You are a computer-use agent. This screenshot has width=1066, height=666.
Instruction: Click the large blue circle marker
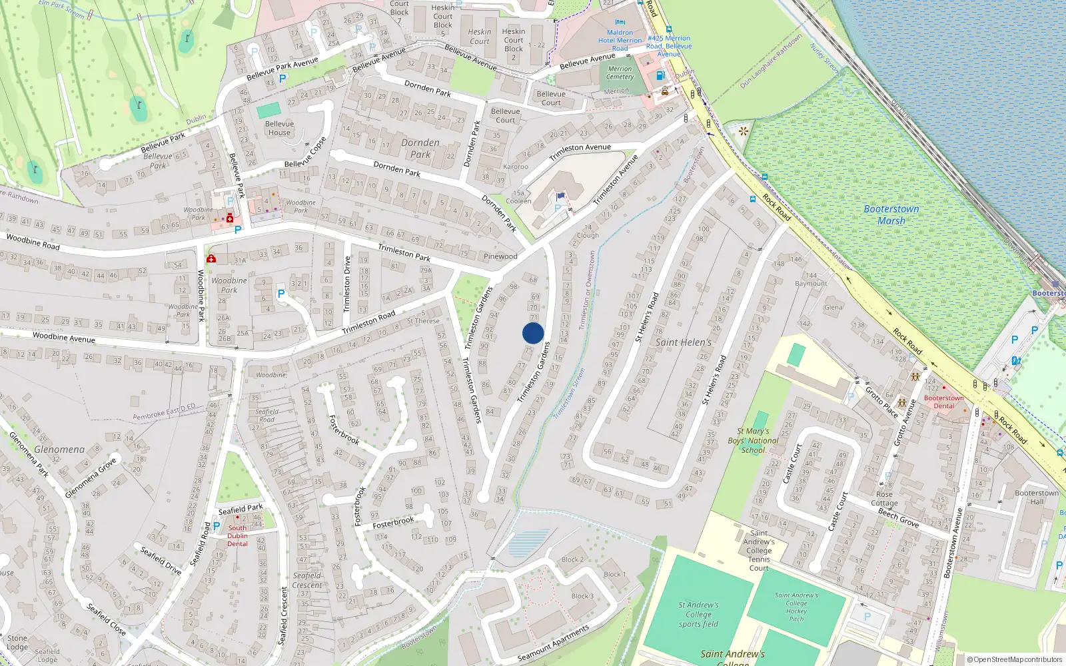[533, 333]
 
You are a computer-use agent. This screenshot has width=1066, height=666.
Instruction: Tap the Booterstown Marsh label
[891, 214]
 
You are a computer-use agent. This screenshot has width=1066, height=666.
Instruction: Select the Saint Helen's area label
[684, 342]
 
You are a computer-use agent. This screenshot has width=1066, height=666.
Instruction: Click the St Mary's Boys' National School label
[753, 440]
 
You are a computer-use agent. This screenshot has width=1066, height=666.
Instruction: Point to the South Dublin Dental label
[237, 535]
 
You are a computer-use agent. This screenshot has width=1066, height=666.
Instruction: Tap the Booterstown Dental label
[943, 402]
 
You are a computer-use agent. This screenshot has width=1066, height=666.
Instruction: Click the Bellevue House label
[279, 128]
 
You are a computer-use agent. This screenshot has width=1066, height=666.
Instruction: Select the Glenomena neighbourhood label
[60, 450]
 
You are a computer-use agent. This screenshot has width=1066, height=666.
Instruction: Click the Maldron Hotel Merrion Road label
[620, 40]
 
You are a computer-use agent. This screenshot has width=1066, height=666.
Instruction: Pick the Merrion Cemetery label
[620, 73]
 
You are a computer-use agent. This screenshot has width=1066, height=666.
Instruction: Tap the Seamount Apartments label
[554, 643]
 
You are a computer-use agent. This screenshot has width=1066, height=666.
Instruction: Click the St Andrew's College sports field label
[698, 614]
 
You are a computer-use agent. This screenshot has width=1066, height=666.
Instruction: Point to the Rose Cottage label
[884, 498]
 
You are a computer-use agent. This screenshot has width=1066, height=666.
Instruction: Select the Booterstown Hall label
[1036, 497]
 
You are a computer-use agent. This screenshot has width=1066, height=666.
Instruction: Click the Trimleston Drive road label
[346, 284]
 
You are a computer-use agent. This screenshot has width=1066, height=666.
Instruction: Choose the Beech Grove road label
[899, 517]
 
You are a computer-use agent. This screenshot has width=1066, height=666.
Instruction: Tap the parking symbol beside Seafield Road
[216, 526]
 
